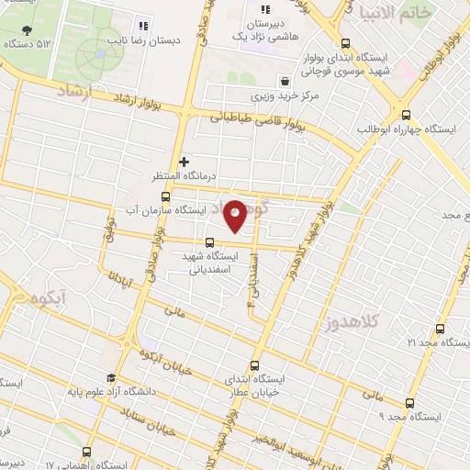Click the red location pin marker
point(235,216)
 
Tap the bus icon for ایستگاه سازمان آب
point(165,196)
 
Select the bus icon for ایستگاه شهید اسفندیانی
point(210,243)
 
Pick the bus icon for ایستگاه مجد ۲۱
point(440,329)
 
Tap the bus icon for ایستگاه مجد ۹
point(408,402)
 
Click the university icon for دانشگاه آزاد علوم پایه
point(111,377)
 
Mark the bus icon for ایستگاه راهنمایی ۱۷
point(86,452)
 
